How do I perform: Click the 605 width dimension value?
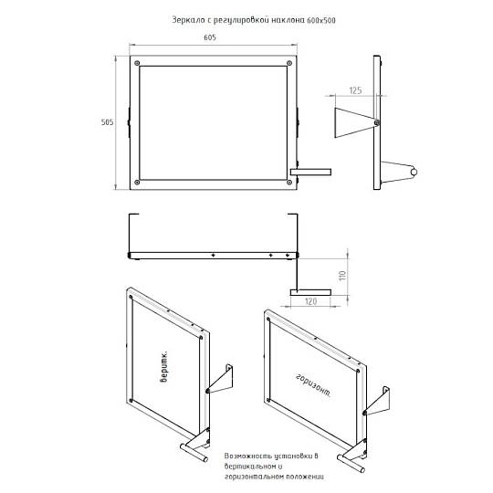210,37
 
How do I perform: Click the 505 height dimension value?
107,122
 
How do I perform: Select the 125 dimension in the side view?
355,90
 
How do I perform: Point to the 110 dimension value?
343,276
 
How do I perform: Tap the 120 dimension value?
310,301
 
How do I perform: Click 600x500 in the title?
321,21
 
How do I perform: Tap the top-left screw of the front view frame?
137,63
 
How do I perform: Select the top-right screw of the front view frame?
289,63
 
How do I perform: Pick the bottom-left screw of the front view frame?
137,182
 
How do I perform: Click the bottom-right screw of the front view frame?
289,182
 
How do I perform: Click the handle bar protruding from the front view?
310,172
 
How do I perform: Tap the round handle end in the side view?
414,172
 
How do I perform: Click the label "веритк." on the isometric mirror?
163,367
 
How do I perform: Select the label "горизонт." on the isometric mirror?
313,385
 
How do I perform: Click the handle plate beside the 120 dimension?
310,292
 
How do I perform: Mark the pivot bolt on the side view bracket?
377,122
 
